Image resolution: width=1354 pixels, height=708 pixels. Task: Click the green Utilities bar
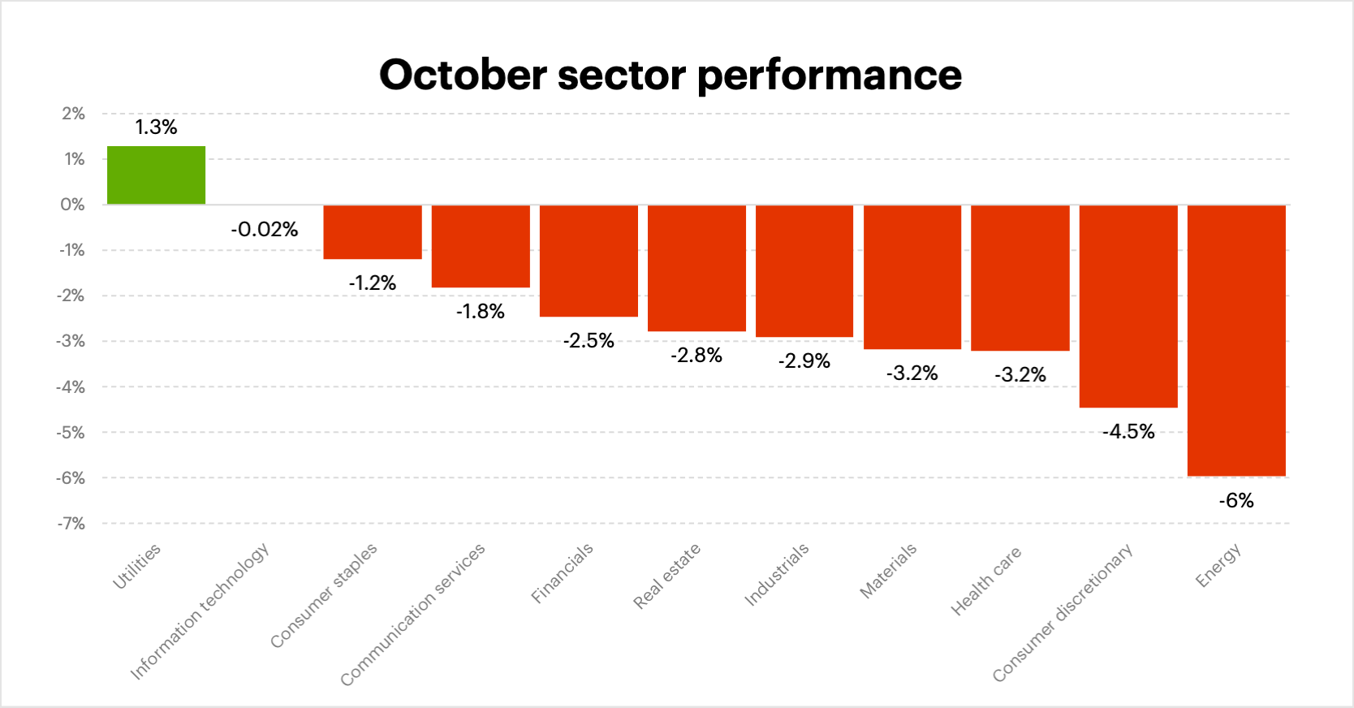(x=156, y=175)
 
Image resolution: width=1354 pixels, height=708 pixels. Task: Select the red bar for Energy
(x=1236, y=340)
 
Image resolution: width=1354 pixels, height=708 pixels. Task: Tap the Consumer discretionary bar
(x=1128, y=306)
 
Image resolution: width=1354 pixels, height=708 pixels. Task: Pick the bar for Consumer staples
(x=373, y=232)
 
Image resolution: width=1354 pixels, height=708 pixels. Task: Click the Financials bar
(x=589, y=261)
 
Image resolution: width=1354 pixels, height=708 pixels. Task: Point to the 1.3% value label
(x=156, y=127)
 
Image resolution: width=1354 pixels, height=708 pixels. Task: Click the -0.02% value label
(x=265, y=230)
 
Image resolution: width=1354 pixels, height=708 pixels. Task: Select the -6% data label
(x=1236, y=501)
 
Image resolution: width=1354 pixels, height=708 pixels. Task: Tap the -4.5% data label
(x=1128, y=432)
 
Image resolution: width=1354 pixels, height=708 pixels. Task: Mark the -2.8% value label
(x=696, y=356)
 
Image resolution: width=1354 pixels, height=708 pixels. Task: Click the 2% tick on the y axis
(x=73, y=114)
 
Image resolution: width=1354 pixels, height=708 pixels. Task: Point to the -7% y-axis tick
(x=71, y=524)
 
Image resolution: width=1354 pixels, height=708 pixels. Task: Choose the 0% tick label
(x=73, y=205)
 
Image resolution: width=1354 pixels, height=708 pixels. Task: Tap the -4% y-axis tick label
(x=71, y=387)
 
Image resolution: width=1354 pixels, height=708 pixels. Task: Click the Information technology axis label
(x=200, y=611)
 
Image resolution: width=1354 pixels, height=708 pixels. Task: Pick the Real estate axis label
(x=666, y=576)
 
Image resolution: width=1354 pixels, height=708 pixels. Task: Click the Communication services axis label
(x=412, y=614)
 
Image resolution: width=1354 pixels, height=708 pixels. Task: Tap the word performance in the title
(x=829, y=76)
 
